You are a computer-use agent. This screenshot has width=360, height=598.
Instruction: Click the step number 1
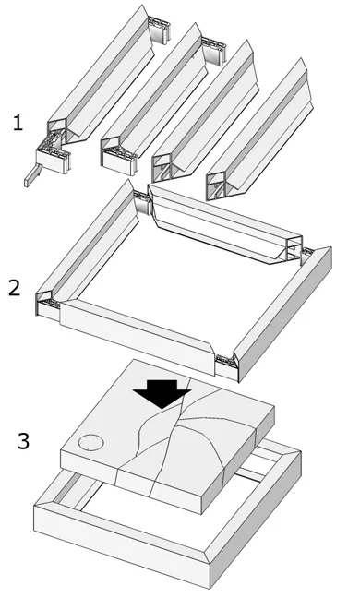point(18,123)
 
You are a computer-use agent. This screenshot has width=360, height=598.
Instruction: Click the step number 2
point(14,288)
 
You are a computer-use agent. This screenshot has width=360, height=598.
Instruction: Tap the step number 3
point(23,441)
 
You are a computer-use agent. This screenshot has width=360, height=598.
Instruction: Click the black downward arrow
point(162,393)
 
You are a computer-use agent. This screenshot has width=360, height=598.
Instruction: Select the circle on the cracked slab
point(90,443)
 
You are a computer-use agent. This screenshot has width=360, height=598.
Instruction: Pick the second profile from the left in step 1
point(154,91)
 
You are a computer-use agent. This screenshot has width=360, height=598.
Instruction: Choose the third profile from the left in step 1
point(206,111)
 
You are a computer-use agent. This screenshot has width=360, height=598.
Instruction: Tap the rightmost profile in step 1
point(260,130)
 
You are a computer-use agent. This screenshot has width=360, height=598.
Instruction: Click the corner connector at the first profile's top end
point(159,29)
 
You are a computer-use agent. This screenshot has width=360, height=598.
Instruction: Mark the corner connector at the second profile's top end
point(214,50)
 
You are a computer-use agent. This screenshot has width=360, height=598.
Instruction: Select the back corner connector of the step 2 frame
point(143,202)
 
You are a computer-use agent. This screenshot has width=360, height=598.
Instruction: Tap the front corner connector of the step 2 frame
point(227,366)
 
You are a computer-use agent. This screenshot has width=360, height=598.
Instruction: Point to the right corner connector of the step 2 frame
point(306,256)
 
